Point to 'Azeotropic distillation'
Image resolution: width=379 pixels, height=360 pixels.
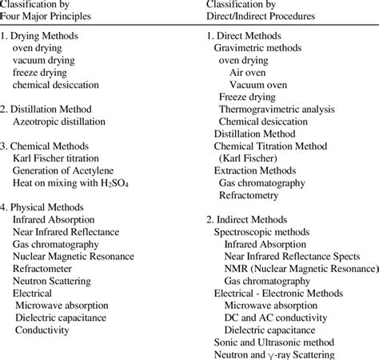(x=61, y=122)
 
